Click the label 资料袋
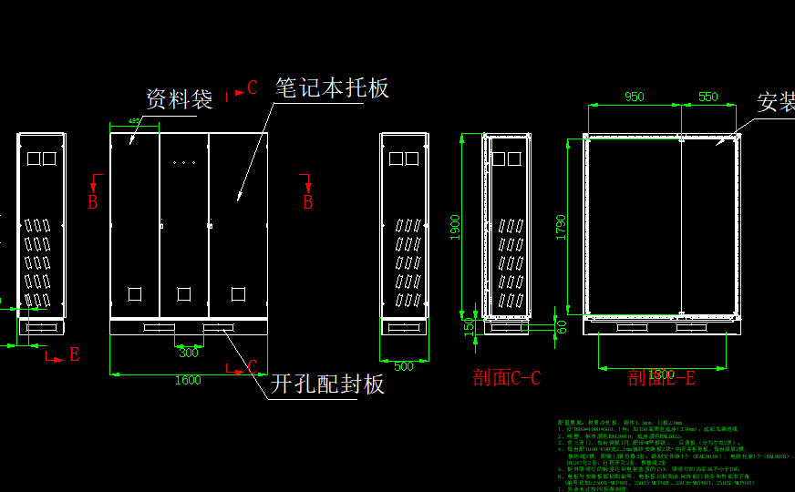(x=180, y=98)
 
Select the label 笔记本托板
(x=333, y=87)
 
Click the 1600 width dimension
(x=188, y=380)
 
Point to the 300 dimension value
(x=189, y=352)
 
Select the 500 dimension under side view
(x=404, y=366)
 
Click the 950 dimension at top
(x=634, y=97)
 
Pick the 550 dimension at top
(x=707, y=97)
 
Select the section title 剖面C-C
(x=507, y=377)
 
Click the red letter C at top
(x=253, y=88)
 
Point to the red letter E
(x=75, y=355)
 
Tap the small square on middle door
(x=184, y=293)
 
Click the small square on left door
(x=135, y=293)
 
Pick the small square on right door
(x=239, y=293)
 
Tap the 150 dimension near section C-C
(x=469, y=325)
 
